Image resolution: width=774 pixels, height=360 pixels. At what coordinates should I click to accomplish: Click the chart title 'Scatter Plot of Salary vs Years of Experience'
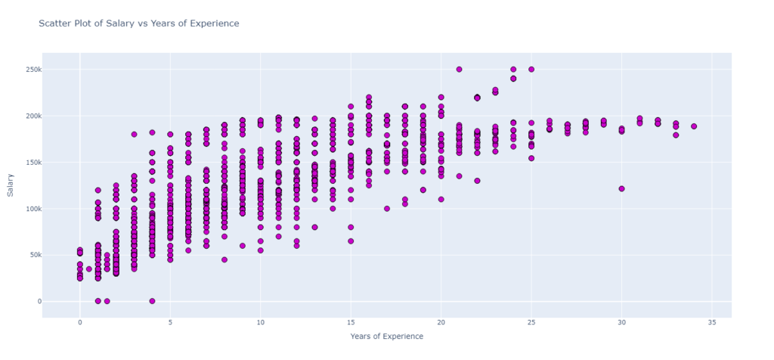coord(138,23)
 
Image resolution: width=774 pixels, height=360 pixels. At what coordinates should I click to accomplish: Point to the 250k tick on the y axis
coord(30,70)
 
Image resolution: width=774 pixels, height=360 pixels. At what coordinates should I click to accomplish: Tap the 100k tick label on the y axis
coord(30,209)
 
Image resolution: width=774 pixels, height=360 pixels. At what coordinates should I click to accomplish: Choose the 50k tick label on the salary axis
coord(32,255)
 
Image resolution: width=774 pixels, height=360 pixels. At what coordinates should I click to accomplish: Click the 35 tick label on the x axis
coord(711,321)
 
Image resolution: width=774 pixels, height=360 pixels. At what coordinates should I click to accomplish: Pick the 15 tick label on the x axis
coord(350,321)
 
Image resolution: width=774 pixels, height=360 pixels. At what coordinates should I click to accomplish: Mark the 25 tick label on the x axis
coord(531,321)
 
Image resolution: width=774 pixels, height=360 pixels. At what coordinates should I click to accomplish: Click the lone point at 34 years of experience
coord(694,126)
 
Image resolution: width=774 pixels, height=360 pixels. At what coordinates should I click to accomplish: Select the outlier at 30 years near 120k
coord(621,189)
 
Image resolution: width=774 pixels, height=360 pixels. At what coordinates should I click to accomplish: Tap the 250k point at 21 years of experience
coord(459,70)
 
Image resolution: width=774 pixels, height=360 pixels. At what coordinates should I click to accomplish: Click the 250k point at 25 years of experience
coord(531,70)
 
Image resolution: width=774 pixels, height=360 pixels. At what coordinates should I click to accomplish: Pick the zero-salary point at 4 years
coord(152,301)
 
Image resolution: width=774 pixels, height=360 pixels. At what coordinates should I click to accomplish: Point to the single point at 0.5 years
coord(88,269)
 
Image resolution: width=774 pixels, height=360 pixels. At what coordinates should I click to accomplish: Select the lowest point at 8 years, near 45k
coord(224,259)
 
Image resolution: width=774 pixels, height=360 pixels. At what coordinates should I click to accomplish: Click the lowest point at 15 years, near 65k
coord(351,241)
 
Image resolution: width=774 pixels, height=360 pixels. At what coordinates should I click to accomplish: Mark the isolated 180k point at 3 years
coord(134,135)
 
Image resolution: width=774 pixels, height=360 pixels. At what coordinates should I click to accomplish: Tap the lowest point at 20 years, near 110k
coord(441,200)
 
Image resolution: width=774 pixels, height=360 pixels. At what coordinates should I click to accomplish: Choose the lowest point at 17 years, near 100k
coord(387,209)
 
